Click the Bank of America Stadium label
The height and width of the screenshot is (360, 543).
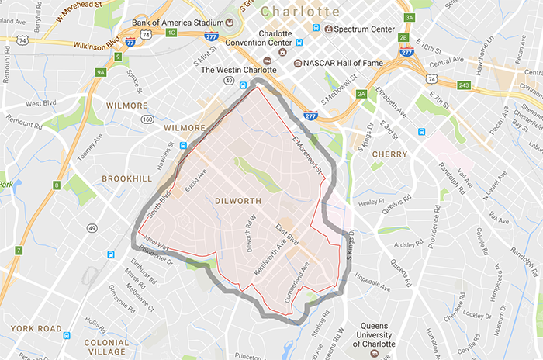[177, 22]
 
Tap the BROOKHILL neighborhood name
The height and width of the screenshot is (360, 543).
[126, 178]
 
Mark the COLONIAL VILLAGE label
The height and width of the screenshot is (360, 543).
[106, 347]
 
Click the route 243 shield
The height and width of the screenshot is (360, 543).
[464, 85]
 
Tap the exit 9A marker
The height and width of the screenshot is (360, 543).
[100, 72]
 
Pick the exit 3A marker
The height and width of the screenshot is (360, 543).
[409, 16]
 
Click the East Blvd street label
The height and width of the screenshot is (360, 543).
[288, 237]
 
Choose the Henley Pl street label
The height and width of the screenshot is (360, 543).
[372, 201]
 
